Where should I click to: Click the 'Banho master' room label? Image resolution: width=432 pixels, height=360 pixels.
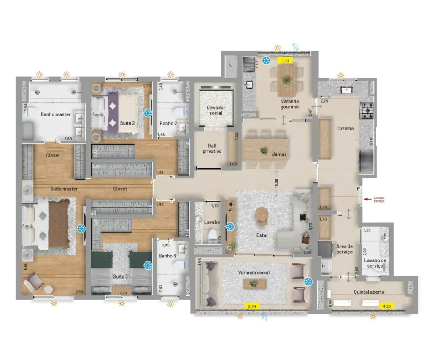[x=55, y=114]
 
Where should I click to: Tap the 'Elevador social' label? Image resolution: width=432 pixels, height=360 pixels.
[x=216, y=110]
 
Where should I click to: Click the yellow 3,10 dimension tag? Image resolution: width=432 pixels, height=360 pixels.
[x=285, y=61]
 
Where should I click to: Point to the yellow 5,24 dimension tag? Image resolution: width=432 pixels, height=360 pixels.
[x=251, y=306]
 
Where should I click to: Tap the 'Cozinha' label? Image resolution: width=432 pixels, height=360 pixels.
[x=345, y=129]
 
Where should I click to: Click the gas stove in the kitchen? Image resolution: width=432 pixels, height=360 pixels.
[x=367, y=111]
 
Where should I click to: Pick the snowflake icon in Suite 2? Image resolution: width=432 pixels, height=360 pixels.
[x=148, y=113]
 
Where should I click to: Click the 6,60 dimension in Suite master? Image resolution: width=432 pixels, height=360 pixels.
[x=25, y=266]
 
